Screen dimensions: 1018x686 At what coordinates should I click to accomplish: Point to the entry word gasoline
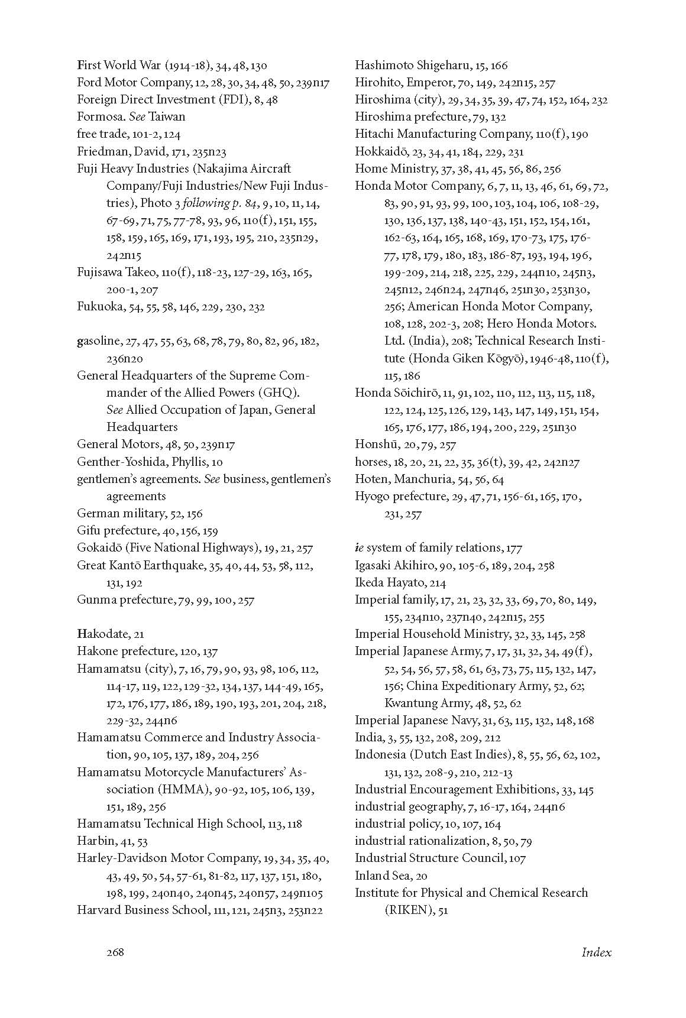pyautogui.click(x=98, y=342)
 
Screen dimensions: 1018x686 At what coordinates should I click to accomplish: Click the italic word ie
pyautogui.click(x=358, y=548)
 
